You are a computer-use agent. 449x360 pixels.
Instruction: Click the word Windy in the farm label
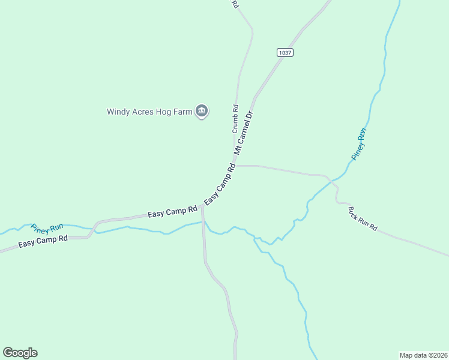[118, 112]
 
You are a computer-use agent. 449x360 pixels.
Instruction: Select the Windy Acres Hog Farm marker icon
[202, 111]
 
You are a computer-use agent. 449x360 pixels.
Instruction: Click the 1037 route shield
[285, 53]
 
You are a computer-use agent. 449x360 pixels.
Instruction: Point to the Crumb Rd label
[235, 120]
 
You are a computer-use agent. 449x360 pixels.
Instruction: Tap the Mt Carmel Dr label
[245, 131]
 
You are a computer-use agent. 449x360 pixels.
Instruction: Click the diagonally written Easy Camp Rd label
[220, 184]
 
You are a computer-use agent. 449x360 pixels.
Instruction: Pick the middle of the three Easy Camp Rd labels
[173, 211]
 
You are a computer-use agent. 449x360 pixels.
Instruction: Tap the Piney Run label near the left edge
[47, 228]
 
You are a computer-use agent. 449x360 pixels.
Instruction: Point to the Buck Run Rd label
[363, 219]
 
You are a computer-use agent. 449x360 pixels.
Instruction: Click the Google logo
[20, 353]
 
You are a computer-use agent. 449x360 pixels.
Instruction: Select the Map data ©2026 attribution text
[423, 355]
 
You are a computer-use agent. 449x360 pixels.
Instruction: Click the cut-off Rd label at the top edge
[235, 4]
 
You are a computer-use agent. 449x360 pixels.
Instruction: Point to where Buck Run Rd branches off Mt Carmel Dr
[236, 165]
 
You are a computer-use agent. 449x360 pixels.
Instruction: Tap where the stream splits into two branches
[256, 239]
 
